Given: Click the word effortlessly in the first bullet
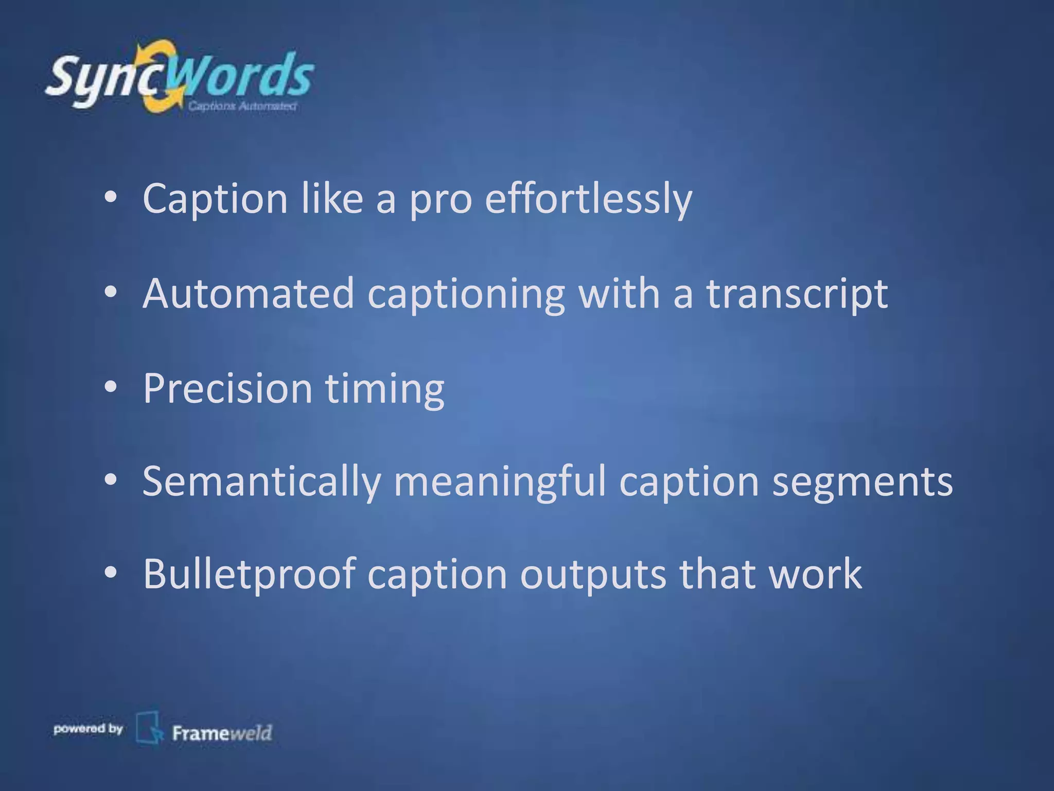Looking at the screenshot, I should [x=588, y=199].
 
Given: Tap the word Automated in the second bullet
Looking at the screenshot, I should [x=249, y=294].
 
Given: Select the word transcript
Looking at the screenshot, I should [x=797, y=294].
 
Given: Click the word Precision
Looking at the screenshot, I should [x=227, y=388].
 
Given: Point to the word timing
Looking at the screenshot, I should [x=384, y=388].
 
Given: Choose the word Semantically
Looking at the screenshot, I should [x=261, y=481].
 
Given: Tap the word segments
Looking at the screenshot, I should [x=862, y=481].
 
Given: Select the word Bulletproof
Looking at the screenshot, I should [x=249, y=574].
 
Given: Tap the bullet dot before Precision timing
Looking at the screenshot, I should [x=111, y=387].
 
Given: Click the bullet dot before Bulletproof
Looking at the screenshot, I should [x=111, y=573].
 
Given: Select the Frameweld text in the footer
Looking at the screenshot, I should [x=222, y=733].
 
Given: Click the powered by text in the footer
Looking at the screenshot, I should [x=88, y=729].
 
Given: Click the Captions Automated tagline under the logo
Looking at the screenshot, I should [x=242, y=106].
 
